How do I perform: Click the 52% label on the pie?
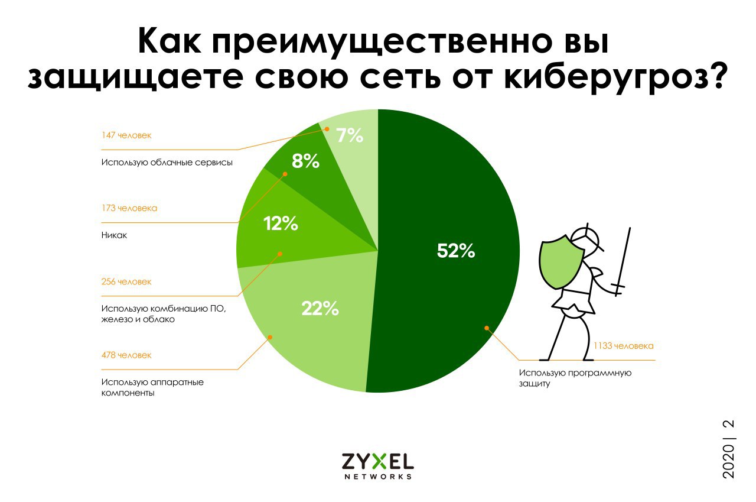(x=456, y=251)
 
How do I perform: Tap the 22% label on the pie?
(x=320, y=308)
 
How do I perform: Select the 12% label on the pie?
(x=280, y=224)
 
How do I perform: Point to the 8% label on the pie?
(x=305, y=161)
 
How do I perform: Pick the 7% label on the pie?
(x=349, y=136)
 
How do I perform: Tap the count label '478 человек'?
(x=126, y=355)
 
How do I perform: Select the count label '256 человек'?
(x=126, y=282)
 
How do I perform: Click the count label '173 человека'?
(x=129, y=209)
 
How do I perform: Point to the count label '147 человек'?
(x=126, y=135)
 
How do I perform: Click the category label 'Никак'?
(x=115, y=235)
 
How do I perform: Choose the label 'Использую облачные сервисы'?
(x=166, y=163)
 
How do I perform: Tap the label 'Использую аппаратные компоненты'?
(x=152, y=387)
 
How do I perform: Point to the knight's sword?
(x=623, y=260)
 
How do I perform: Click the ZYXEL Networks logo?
(x=377, y=465)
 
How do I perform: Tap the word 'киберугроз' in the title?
(x=615, y=77)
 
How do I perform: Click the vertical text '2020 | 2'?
(x=728, y=449)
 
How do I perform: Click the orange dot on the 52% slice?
(x=487, y=327)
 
